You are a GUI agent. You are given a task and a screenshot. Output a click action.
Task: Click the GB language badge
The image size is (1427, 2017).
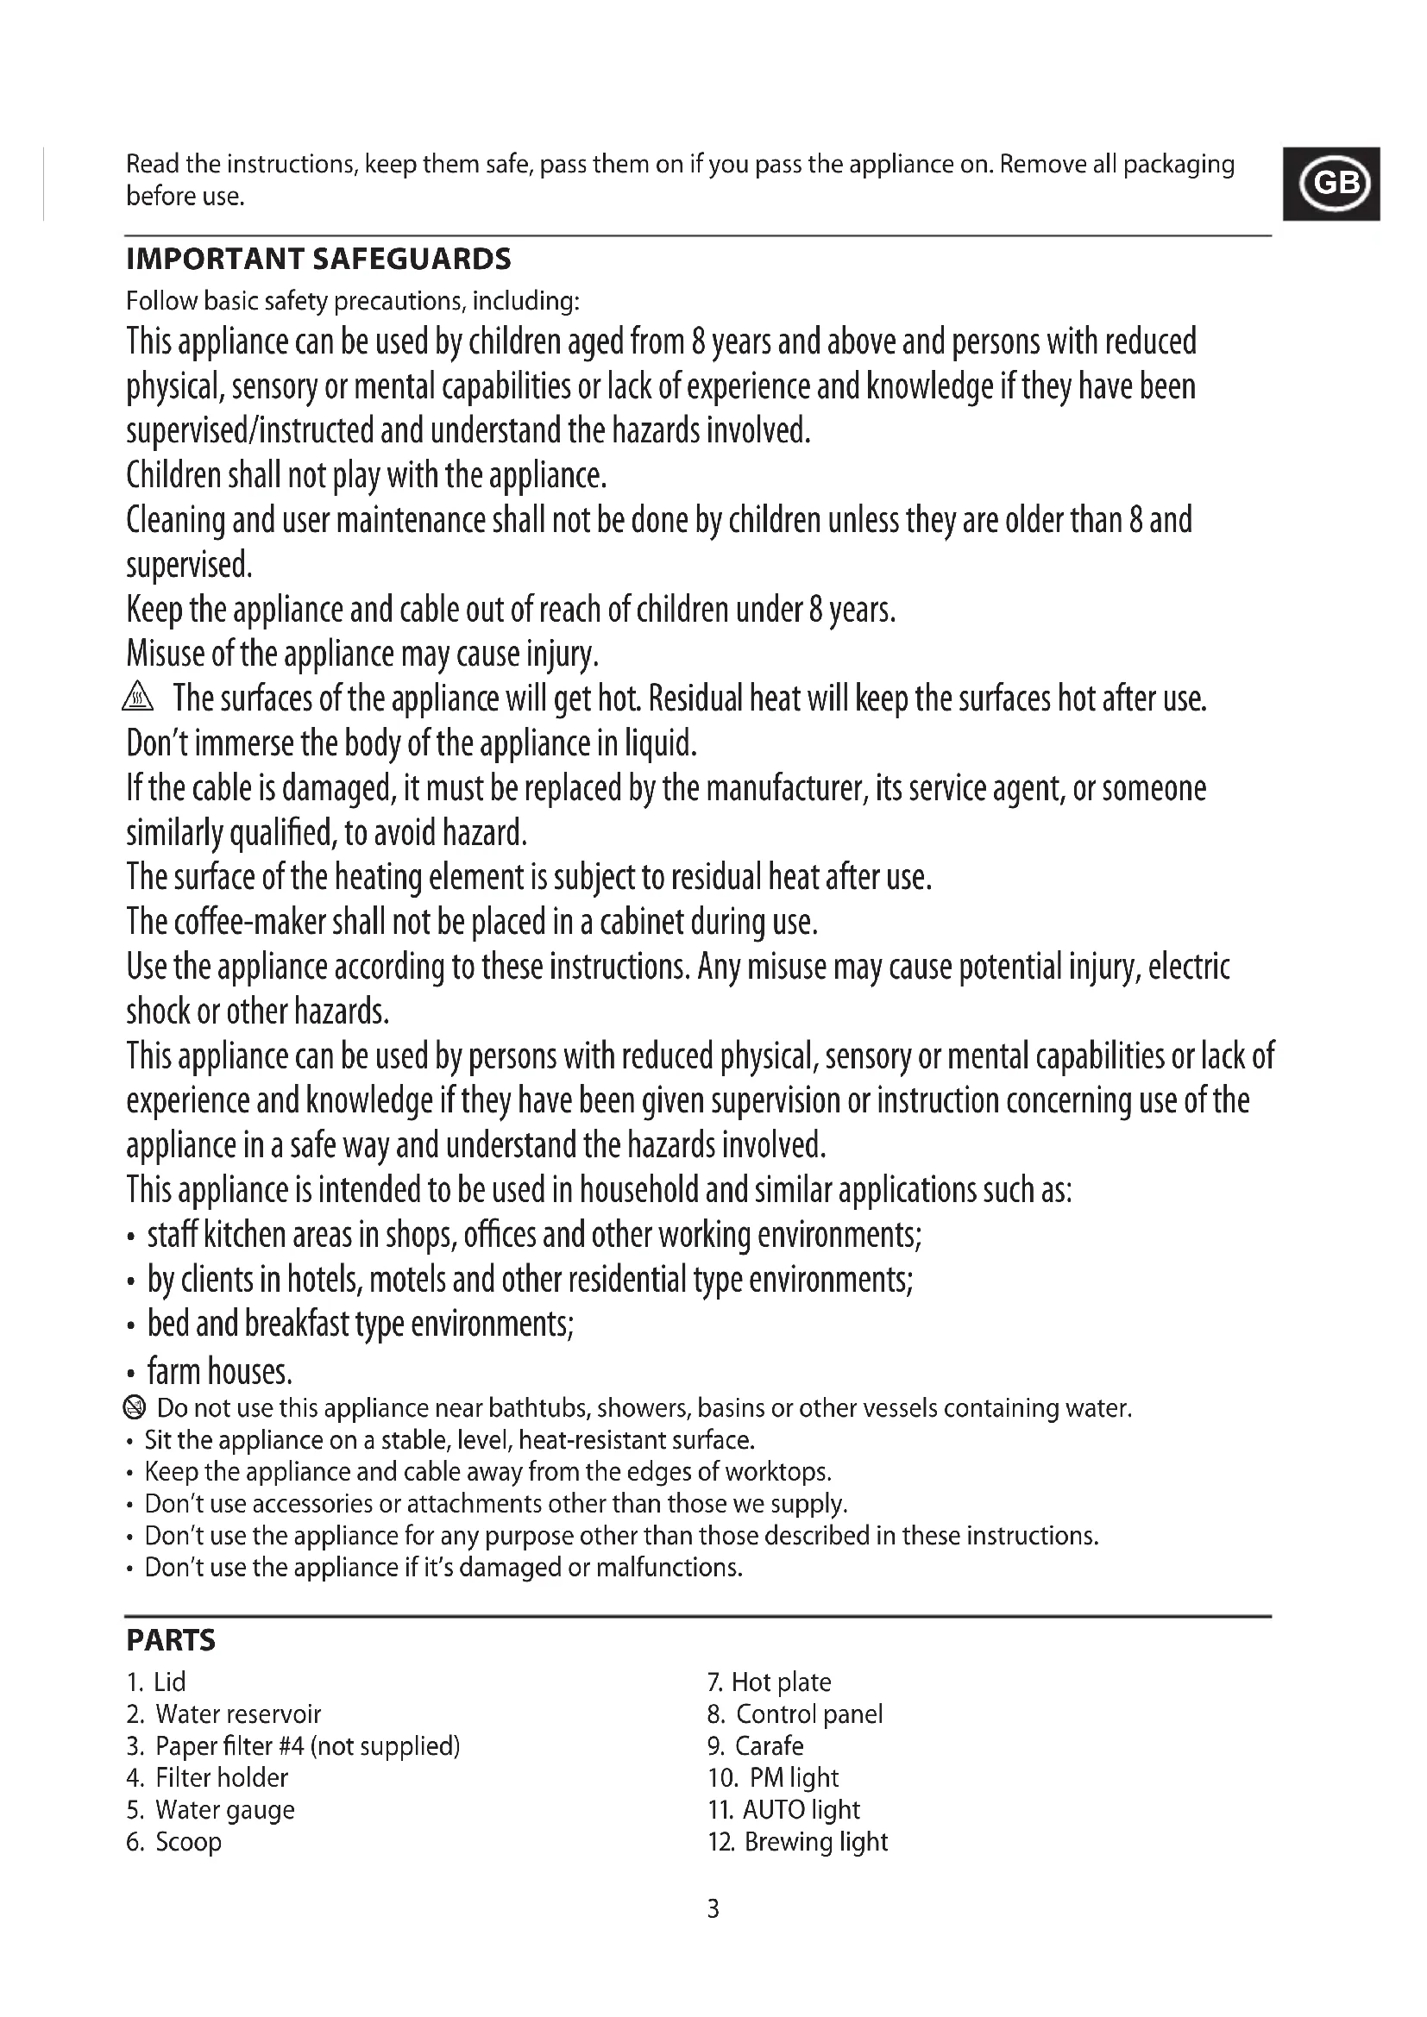(x=1331, y=184)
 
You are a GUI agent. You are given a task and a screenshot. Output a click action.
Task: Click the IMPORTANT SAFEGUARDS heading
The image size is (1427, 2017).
(x=318, y=260)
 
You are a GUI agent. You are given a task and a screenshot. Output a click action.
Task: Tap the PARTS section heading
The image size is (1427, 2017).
(x=171, y=1640)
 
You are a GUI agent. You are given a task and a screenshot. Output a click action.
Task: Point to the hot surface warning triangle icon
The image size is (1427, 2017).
(x=138, y=698)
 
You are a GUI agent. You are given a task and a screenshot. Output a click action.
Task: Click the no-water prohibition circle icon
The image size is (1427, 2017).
(x=135, y=1408)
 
